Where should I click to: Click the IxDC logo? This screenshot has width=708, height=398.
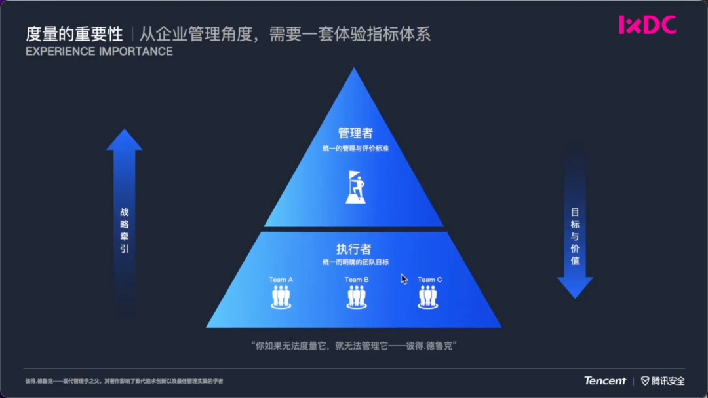click(x=647, y=25)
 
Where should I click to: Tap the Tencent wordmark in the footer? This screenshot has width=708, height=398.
click(x=605, y=380)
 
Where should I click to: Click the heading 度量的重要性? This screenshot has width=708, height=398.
click(x=74, y=34)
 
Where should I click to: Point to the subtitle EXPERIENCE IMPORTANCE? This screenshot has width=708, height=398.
click(x=99, y=52)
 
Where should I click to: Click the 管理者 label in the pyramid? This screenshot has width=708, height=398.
click(x=355, y=134)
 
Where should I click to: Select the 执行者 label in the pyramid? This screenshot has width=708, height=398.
click(x=354, y=249)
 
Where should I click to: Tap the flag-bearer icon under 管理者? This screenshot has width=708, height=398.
click(x=355, y=187)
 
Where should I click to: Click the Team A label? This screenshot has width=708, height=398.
click(x=281, y=280)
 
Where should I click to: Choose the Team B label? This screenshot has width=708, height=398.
click(x=357, y=280)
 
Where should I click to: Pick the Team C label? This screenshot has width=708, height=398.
click(x=429, y=280)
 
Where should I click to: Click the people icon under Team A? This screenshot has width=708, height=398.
click(x=281, y=297)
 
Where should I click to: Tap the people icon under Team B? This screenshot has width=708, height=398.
click(x=357, y=297)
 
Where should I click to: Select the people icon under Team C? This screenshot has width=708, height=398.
click(x=428, y=297)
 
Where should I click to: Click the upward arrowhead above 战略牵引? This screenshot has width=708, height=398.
click(x=124, y=139)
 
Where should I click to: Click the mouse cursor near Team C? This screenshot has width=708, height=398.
click(x=404, y=279)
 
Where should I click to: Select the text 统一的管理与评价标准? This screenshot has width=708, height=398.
click(x=355, y=149)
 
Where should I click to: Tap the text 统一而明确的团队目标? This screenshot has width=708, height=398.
click(x=355, y=262)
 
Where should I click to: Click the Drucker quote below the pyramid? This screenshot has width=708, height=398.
click(x=354, y=345)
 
